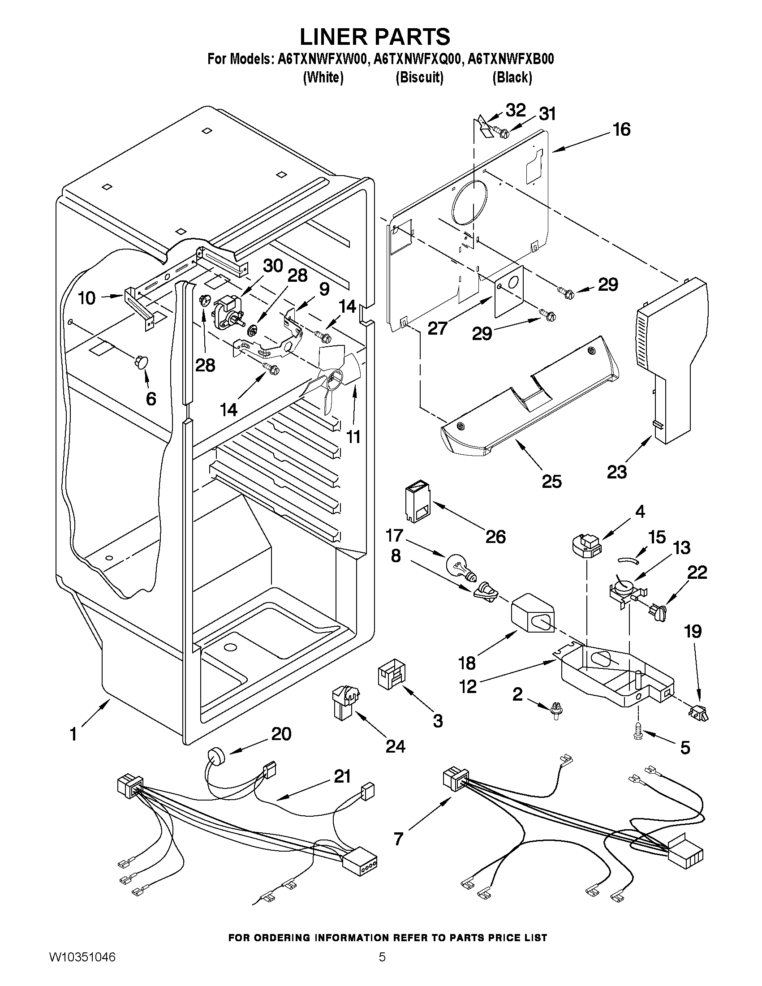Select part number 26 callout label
click(x=495, y=537)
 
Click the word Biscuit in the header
click(x=419, y=78)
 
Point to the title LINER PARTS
click(x=375, y=36)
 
